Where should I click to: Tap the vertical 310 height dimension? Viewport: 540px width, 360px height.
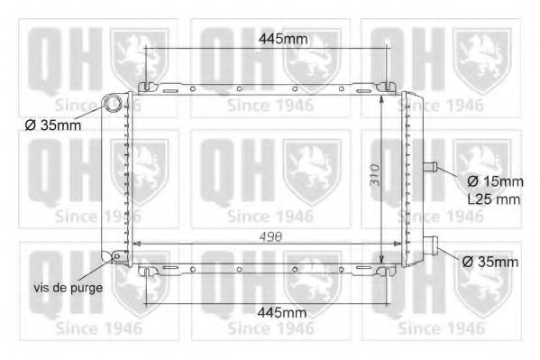tap(372, 180)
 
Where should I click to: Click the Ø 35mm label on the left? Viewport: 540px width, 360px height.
tap(53, 125)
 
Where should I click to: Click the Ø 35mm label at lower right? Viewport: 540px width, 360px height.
tap(489, 262)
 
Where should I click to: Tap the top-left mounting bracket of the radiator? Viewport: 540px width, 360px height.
tap(147, 87)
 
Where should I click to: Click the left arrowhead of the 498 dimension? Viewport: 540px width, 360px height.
tap(136, 243)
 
